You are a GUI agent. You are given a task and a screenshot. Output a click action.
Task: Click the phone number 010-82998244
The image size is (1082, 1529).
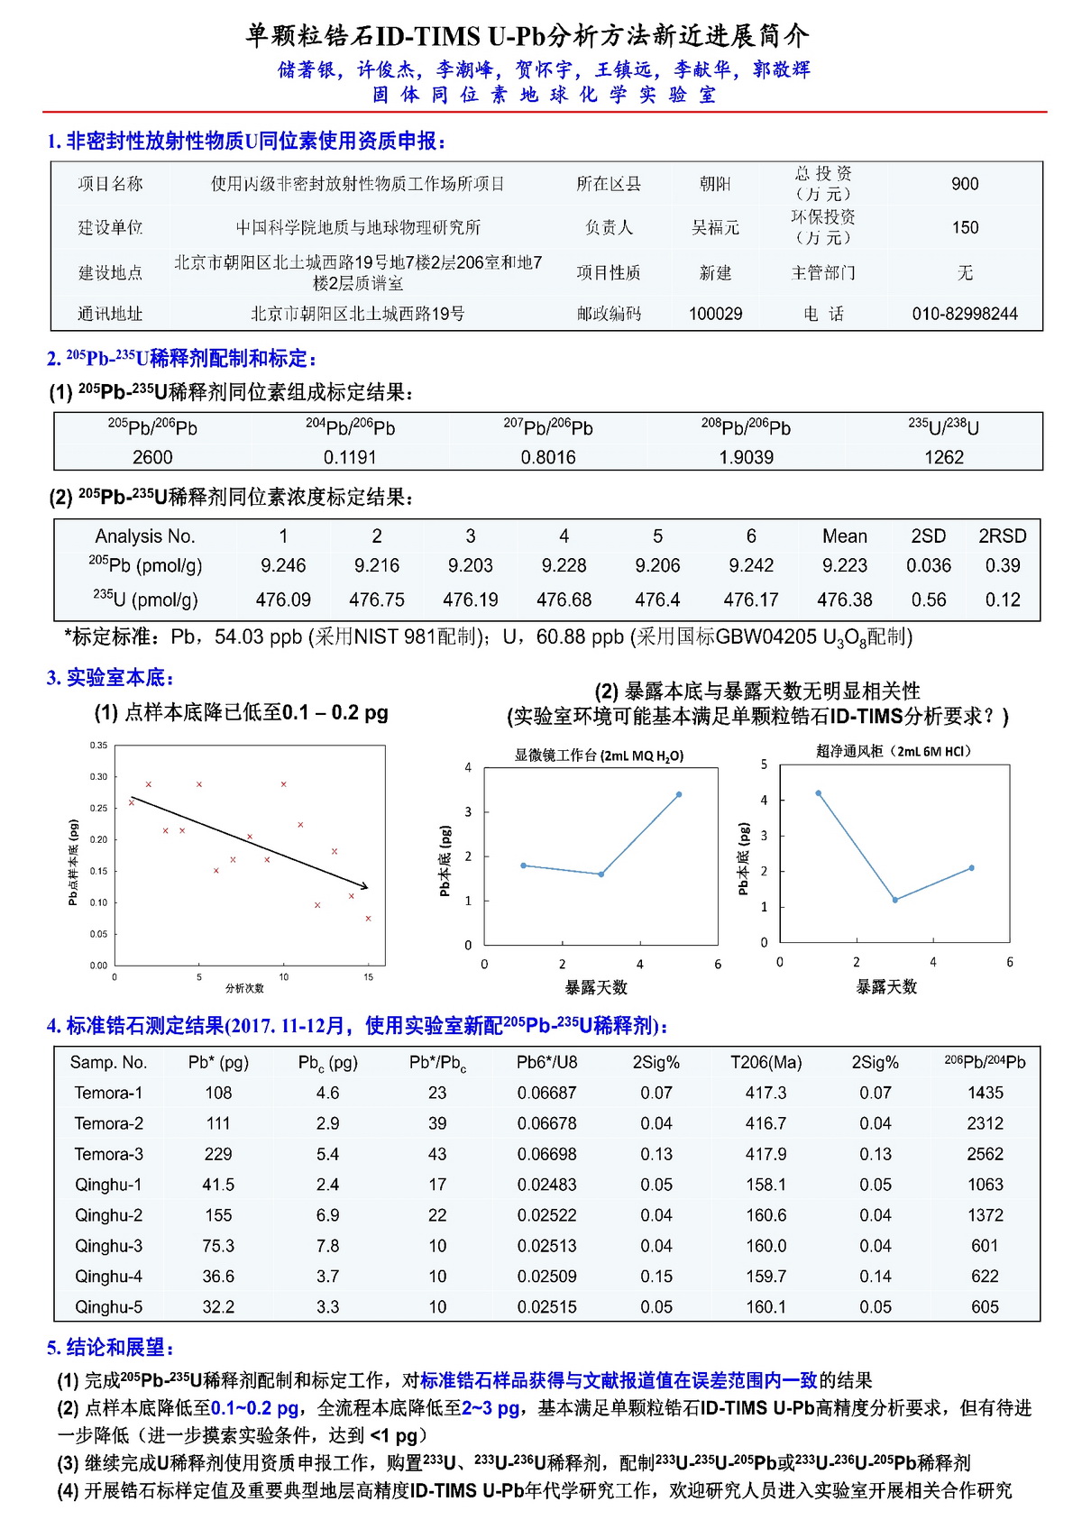point(964,314)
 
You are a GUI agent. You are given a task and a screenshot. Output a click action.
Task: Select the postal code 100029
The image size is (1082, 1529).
point(715,314)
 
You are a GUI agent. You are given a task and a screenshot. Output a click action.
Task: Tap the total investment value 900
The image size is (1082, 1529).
point(964,184)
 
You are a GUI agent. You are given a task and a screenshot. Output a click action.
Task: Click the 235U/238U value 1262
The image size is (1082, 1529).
point(943,457)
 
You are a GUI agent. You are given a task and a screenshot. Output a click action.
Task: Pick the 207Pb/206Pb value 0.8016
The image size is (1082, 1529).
point(547,457)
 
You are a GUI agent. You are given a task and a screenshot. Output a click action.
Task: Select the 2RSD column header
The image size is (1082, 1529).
point(1002,536)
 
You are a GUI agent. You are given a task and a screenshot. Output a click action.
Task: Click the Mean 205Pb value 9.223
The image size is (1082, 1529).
point(844,565)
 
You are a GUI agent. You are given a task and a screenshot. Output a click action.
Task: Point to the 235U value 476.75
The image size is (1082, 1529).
point(377,600)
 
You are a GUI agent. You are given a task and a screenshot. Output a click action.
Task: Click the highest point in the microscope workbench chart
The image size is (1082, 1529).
point(679,794)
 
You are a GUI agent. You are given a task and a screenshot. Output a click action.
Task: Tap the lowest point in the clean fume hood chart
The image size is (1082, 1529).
point(894,900)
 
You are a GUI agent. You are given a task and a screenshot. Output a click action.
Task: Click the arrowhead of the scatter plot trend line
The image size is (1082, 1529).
point(365,888)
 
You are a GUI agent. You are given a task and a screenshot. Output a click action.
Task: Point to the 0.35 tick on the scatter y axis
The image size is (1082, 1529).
point(98,746)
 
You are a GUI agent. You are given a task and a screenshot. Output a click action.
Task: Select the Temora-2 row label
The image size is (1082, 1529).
point(108,1123)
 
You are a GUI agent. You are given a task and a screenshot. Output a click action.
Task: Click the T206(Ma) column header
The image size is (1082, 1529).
point(766,1062)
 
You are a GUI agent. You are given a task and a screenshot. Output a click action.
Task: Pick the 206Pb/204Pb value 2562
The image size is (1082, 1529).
point(985,1154)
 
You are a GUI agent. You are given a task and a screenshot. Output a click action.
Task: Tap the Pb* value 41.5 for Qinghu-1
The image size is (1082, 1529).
point(218,1185)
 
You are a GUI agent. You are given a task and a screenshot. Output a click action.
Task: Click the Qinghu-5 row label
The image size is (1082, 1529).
point(108,1307)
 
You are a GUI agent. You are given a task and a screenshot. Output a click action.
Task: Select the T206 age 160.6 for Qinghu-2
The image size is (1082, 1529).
point(766,1215)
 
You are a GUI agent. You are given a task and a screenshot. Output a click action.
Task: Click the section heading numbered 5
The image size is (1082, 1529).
point(110,1348)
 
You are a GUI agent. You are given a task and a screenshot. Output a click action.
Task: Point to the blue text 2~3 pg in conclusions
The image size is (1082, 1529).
point(491,1408)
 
